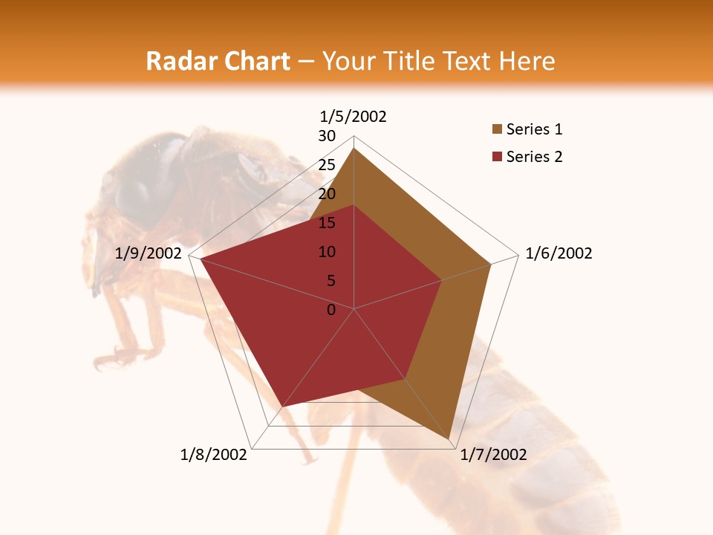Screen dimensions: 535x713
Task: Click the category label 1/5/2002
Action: [x=354, y=116]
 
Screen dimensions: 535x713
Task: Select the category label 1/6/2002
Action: [x=559, y=253]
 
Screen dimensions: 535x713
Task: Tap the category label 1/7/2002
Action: [x=493, y=455]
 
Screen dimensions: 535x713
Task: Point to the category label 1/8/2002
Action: [x=214, y=455]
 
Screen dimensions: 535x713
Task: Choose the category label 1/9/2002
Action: [x=149, y=253]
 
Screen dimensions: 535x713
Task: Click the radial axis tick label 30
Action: [x=327, y=136]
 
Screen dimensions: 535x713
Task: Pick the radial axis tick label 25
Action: [x=327, y=165]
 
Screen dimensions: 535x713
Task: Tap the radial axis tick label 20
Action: [x=327, y=194]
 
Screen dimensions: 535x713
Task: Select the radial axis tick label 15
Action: [x=327, y=223]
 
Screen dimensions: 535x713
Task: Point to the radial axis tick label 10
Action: [x=327, y=252]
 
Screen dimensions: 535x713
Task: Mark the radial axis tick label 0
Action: [x=331, y=310]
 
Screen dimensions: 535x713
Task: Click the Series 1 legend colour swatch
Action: [x=497, y=130]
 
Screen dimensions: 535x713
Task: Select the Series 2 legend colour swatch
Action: [x=497, y=157]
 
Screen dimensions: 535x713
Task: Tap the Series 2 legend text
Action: [x=534, y=157]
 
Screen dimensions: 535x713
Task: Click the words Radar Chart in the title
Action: [x=218, y=61]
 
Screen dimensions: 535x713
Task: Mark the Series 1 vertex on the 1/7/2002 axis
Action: [x=450, y=439]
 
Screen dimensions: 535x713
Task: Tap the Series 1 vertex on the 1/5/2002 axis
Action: [x=354, y=148]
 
